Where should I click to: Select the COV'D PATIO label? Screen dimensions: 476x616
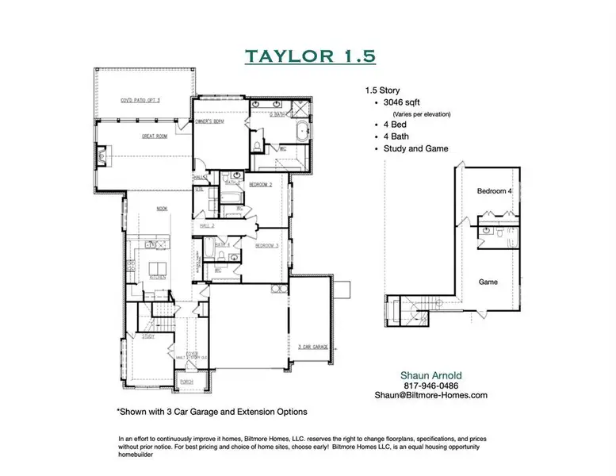coord(140,101)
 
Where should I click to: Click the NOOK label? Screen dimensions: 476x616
coord(162,209)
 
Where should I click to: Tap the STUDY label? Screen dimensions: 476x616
coord(148,336)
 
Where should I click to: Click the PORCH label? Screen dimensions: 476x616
coord(187,382)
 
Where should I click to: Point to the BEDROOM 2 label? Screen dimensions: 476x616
coord(261,184)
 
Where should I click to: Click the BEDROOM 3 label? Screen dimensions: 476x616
coord(266,247)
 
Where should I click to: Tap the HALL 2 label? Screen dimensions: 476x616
coord(208,226)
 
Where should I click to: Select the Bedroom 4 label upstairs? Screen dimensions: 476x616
coord(494,192)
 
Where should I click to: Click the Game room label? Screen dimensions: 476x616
coord(488,282)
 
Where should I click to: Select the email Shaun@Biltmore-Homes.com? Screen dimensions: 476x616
coord(432,395)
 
